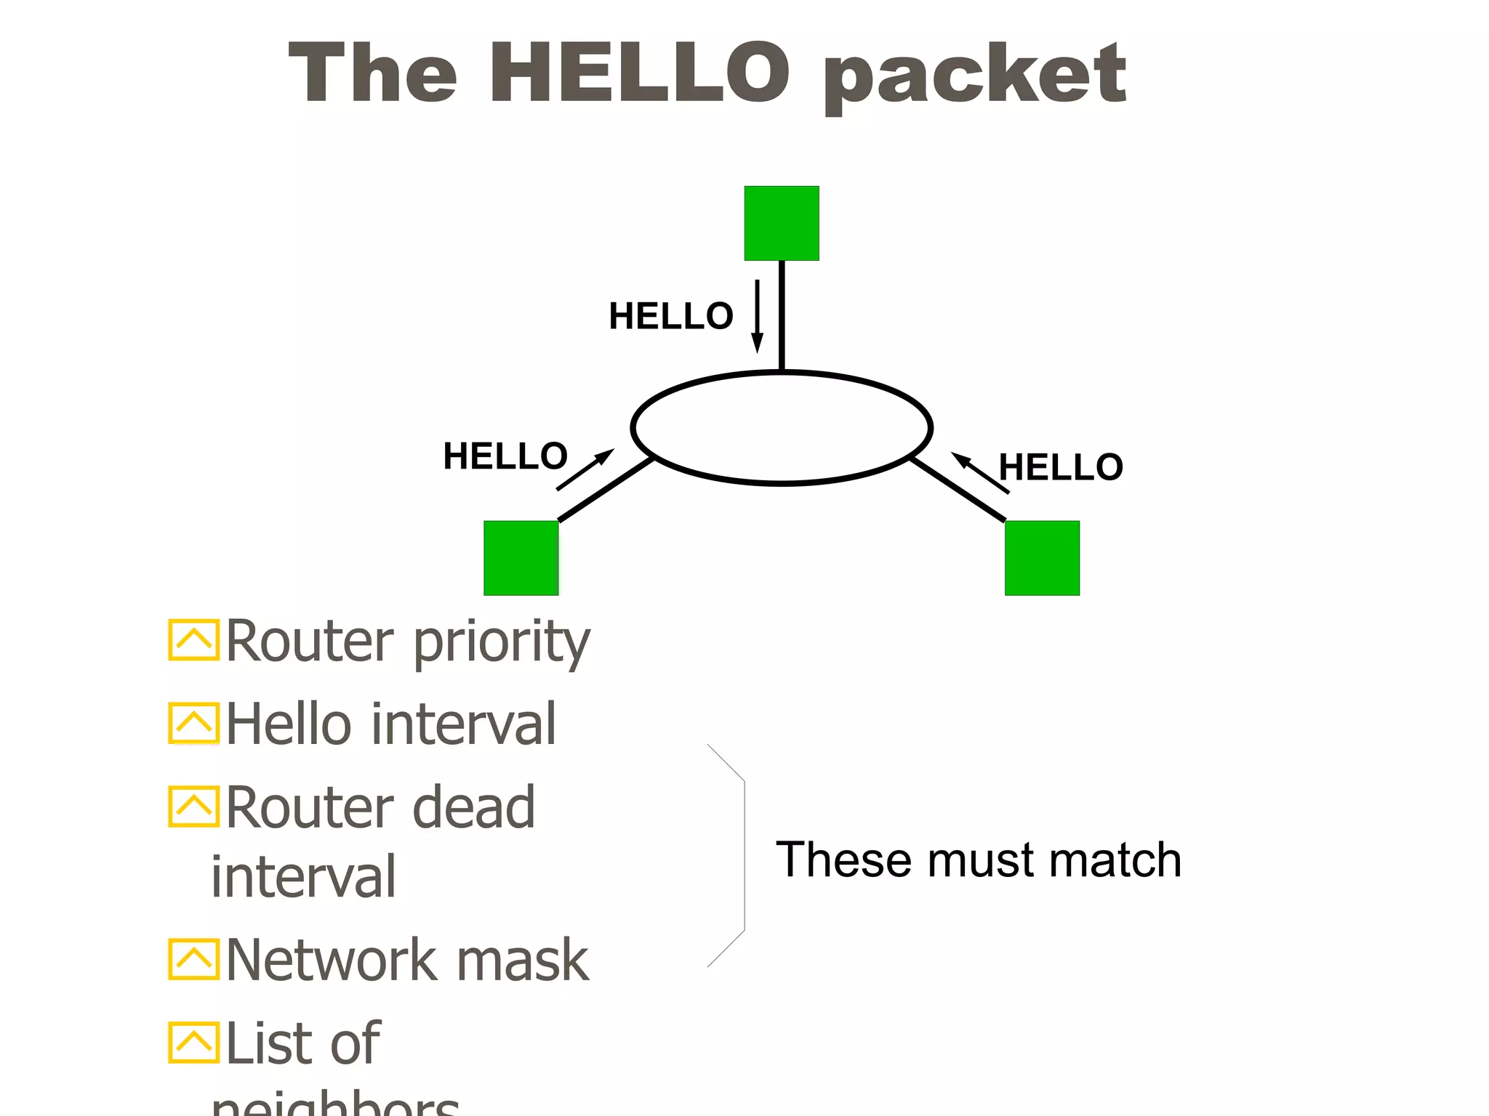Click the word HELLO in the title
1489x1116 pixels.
(x=640, y=73)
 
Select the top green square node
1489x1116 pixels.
(x=782, y=223)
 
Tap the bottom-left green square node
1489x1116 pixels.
(x=521, y=558)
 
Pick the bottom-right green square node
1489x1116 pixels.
(x=1042, y=558)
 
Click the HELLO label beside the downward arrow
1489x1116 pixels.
(x=670, y=316)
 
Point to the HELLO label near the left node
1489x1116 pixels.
(x=505, y=456)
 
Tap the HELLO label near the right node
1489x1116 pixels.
(x=1061, y=467)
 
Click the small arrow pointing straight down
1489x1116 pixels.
(x=757, y=316)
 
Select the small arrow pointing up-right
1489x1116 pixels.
(x=585, y=470)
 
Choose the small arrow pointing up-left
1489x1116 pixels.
(x=980, y=473)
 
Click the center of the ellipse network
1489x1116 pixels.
(x=782, y=428)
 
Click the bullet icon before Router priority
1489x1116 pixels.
(x=193, y=640)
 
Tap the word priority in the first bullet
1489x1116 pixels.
(x=502, y=643)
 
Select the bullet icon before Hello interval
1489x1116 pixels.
(x=193, y=723)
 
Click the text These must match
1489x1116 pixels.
(x=978, y=860)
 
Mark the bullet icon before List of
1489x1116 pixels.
(x=193, y=1043)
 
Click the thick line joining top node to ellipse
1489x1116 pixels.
(x=782, y=316)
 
